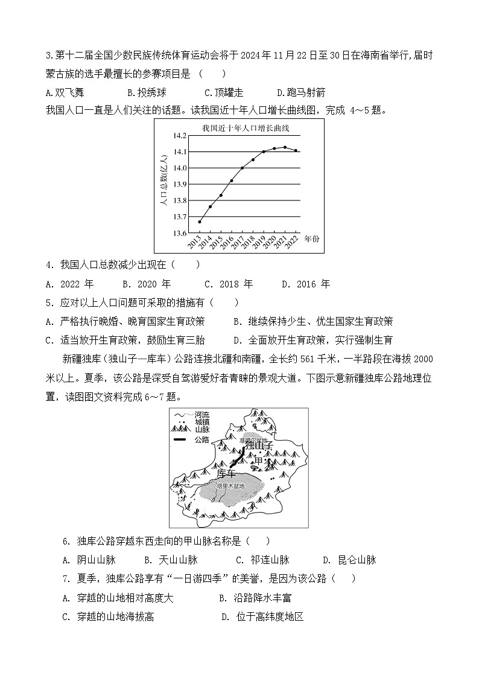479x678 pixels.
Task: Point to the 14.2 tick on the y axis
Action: (x=180, y=136)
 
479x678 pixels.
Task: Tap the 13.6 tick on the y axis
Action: (x=180, y=233)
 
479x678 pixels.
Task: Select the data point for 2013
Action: (x=200, y=222)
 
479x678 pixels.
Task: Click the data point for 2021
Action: (x=285, y=147)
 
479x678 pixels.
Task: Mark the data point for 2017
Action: (x=243, y=168)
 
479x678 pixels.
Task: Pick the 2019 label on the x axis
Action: (x=261, y=242)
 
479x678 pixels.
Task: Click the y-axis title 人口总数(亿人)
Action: (x=163, y=184)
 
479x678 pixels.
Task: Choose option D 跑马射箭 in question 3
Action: (x=301, y=92)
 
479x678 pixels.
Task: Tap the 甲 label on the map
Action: (x=258, y=461)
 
